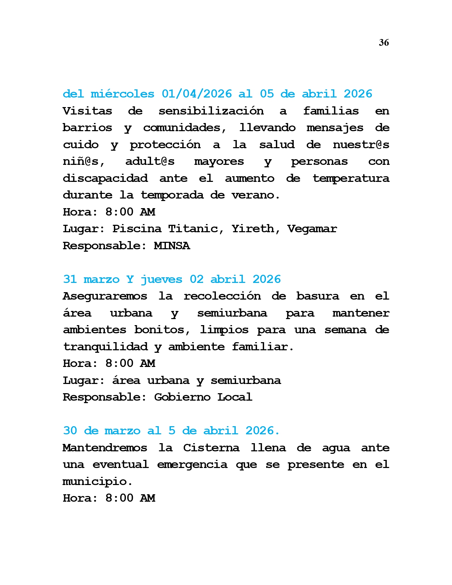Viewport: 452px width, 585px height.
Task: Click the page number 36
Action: tap(384, 43)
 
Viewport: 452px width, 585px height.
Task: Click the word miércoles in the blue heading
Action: tap(122, 94)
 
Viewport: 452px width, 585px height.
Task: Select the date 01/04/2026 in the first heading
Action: tap(196, 94)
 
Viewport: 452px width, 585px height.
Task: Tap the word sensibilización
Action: tap(211, 111)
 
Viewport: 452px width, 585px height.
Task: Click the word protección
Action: tap(165, 145)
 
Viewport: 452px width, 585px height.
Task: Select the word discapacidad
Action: tap(105, 178)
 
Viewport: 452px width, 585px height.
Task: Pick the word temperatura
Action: tap(351, 178)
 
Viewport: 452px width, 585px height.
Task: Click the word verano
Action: tap(255, 195)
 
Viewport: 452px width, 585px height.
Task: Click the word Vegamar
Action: tap(312, 229)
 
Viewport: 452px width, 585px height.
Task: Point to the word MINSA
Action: tap(172, 245)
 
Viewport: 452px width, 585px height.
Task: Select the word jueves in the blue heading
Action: tap(161, 279)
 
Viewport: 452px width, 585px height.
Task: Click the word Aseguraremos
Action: tap(105, 296)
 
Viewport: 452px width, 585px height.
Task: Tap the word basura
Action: tap(318, 296)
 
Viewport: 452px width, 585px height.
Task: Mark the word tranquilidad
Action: tap(105, 346)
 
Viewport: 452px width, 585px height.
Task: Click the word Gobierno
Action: tap(182, 397)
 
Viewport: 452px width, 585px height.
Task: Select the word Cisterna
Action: tap(211, 448)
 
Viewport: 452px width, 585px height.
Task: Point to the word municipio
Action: tap(97, 481)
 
